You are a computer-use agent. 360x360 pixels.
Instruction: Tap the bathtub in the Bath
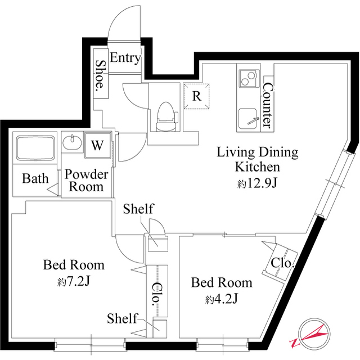point(35,148)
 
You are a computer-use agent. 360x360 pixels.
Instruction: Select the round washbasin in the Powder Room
point(72,142)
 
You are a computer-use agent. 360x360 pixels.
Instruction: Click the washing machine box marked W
point(97,145)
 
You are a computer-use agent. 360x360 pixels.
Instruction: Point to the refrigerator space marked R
point(196,96)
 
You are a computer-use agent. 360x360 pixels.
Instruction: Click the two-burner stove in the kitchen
point(249,78)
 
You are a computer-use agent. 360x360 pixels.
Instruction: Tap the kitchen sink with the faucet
point(249,119)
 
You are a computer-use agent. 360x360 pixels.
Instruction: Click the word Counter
point(268,105)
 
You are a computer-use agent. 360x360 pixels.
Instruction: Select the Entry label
point(125,57)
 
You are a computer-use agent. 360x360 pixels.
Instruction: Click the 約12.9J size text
point(257,183)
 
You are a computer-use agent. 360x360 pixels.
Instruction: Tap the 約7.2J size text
point(74,281)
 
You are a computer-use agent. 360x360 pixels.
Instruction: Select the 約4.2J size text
point(221,299)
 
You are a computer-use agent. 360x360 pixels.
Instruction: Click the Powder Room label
point(86,181)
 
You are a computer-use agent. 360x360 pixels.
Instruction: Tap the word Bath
point(35,178)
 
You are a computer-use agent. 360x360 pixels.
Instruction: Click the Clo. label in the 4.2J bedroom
point(282,263)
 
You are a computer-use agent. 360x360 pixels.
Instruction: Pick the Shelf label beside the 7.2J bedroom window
point(122,318)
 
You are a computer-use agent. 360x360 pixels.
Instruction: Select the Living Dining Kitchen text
point(258,160)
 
